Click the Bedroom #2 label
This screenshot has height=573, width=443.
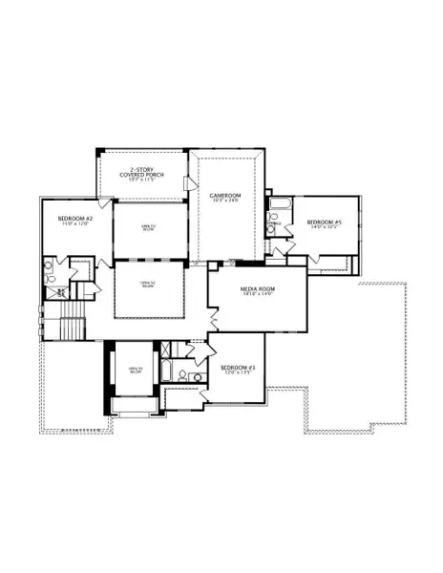tap(75, 219)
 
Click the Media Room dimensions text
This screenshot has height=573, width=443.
tap(257, 294)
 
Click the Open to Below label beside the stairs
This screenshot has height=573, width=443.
tap(147, 284)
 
